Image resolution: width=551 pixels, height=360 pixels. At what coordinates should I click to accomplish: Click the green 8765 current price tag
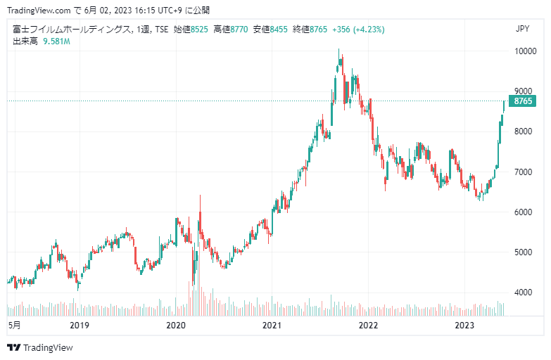(x=522, y=101)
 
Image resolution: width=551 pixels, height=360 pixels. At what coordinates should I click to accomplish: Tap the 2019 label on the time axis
(x=79, y=326)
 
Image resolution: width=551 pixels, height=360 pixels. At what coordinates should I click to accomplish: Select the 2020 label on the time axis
(x=175, y=326)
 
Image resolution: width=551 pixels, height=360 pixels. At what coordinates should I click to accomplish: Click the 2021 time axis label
(x=272, y=326)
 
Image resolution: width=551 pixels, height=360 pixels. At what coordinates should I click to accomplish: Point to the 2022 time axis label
(x=368, y=326)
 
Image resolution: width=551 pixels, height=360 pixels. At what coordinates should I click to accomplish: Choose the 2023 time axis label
(x=464, y=326)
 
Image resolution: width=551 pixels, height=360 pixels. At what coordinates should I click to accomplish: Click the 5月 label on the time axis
(x=14, y=326)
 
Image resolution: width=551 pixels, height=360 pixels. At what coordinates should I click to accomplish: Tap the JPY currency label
(x=522, y=29)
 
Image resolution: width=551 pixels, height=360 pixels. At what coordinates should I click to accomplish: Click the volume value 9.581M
(x=57, y=41)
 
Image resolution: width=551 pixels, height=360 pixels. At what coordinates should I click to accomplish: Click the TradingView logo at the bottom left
(x=40, y=347)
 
